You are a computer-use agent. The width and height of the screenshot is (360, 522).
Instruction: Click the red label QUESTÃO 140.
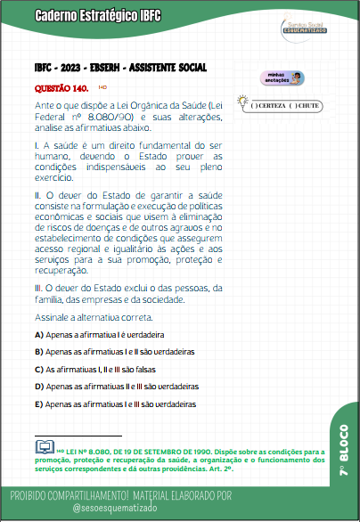(x=61, y=89)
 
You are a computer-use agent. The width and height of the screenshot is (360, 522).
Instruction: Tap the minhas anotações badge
(x=280, y=78)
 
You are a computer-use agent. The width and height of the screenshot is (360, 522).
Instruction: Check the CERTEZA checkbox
(x=255, y=106)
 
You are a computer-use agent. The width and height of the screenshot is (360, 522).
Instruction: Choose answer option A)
(x=38, y=335)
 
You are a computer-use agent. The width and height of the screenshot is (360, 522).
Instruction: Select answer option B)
(x=38, y=352)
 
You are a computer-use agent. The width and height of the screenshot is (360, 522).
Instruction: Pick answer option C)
(x=38, y=369)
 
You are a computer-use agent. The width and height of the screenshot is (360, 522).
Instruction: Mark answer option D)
(x=38, y=387)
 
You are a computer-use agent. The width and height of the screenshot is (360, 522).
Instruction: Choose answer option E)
(x=38, y=404)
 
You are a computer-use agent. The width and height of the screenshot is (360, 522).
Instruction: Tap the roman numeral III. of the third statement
(x=38, y=287)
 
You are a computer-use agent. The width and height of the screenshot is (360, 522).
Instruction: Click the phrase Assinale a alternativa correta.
(x=94, y=317)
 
